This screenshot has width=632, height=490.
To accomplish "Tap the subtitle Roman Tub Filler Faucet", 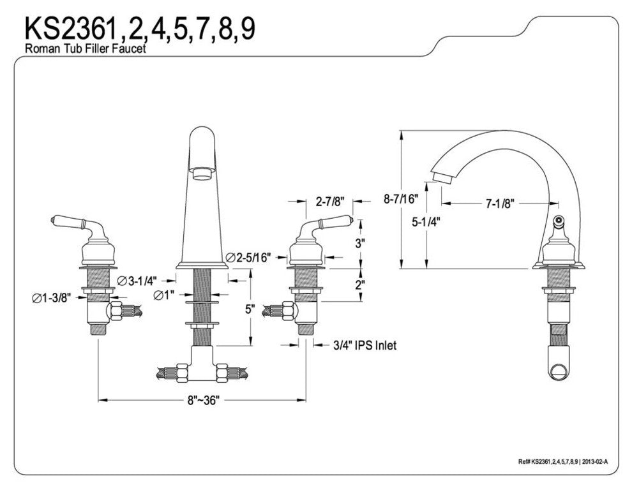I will point(85,49).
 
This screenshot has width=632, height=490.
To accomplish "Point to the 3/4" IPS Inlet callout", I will point(365,345).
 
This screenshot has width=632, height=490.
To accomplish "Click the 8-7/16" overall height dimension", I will point(400,199).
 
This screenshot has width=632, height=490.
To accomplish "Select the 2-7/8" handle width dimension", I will point(329,202).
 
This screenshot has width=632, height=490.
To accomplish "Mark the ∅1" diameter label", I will point(164,295).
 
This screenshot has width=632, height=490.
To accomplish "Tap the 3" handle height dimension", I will point(360,243).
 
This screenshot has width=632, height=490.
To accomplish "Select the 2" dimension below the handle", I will point(360,284).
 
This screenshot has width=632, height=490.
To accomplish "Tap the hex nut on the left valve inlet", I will point(115,312).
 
